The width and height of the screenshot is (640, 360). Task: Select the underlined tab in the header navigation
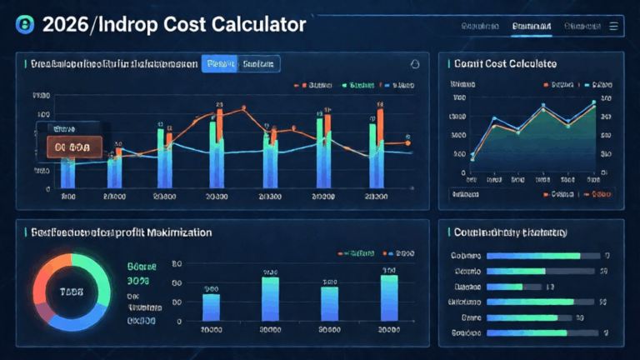click(x=530, y=27)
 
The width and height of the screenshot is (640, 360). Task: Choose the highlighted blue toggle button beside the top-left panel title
click(x=220, y=63)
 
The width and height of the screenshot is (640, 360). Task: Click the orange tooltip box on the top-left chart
click(x=70, y=147)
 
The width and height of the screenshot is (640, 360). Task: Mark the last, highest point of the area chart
click(x=594, y=103)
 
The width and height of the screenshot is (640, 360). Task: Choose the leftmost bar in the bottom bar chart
click(x=211, y=307)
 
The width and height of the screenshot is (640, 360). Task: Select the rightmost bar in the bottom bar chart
click(x=389, y=298)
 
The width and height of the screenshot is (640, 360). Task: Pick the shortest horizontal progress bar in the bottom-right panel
click(x=503, y=286)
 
